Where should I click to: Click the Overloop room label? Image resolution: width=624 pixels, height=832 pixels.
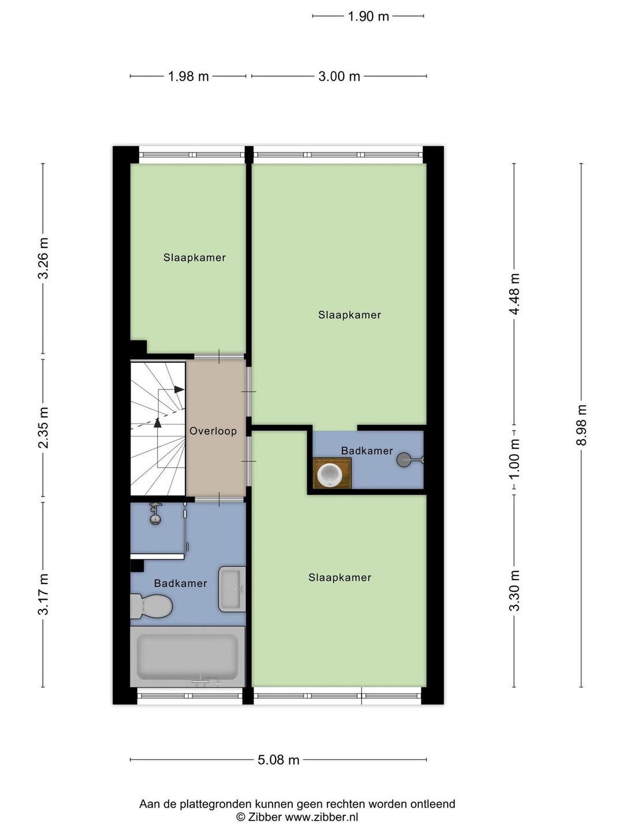click(213, 431)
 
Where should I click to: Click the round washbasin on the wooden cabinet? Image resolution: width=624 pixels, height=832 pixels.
click(329, 474)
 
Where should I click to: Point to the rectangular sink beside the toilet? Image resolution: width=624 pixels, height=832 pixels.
click(232, 589)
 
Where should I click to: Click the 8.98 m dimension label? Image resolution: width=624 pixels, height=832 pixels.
click(582, 425)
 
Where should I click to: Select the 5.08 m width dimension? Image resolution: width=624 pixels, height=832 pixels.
click(278, 760)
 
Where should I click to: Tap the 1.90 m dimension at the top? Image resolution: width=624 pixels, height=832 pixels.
click(368, 16)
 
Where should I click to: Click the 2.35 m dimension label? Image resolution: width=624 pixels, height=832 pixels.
click(43, 427)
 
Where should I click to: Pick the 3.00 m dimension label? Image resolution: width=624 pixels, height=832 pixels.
click(339, 77)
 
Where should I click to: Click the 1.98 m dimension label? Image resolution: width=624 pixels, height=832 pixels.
click(188, 77)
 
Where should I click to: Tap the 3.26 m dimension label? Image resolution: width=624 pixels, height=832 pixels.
click(43, 258)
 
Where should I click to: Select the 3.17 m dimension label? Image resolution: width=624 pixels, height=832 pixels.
click(43, 594)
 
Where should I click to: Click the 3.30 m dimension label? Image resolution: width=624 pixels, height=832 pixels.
click(514, 591)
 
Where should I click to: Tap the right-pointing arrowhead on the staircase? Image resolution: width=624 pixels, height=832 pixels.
click(179, 389)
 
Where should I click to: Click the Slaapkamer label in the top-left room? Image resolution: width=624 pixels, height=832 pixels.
click(194, 258)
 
